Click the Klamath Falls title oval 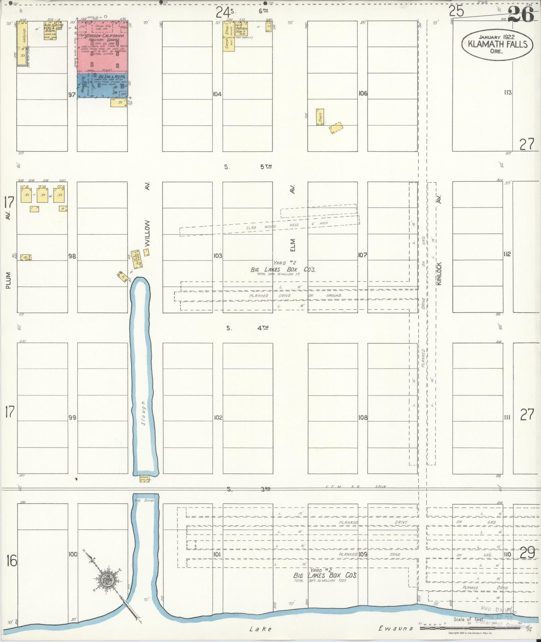click(x=497, y=45)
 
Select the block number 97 click(x=72, y=95)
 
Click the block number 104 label click(x=217, y=94)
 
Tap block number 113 click(x=508, y=93)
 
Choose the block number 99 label click(x=72, y=417)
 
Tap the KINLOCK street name click(x=439, y=273)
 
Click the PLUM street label click(x=9, y=280)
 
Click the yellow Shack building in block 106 click(x=320, y=117)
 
